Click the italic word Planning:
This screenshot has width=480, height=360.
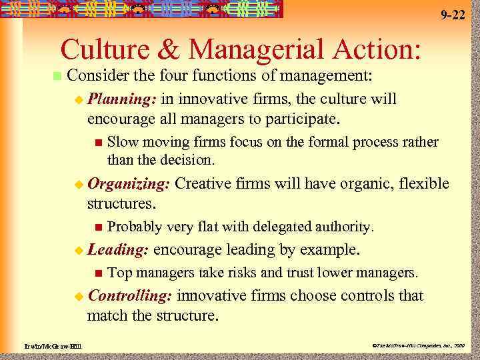coord(122,99)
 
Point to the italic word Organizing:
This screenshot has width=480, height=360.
coord(129,183)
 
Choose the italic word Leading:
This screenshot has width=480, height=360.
coord(118,249)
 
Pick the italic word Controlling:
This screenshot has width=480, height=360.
coord(130,295)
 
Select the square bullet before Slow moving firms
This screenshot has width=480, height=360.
coord(98,142)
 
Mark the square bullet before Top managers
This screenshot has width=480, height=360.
coord(98,272)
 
